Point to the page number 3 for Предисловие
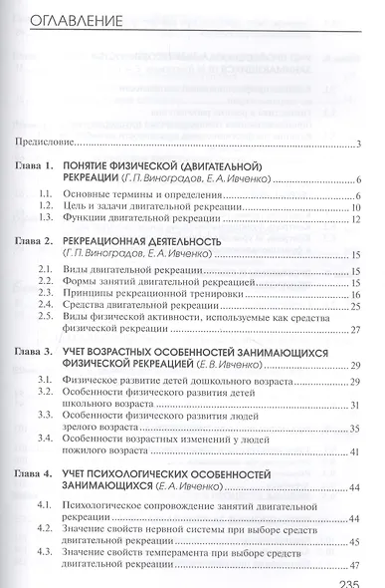(x=356, y=146)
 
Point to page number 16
(x=353, y=295)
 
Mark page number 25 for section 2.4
(x=353, y=308)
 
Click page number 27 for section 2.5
(x=353, y=333)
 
